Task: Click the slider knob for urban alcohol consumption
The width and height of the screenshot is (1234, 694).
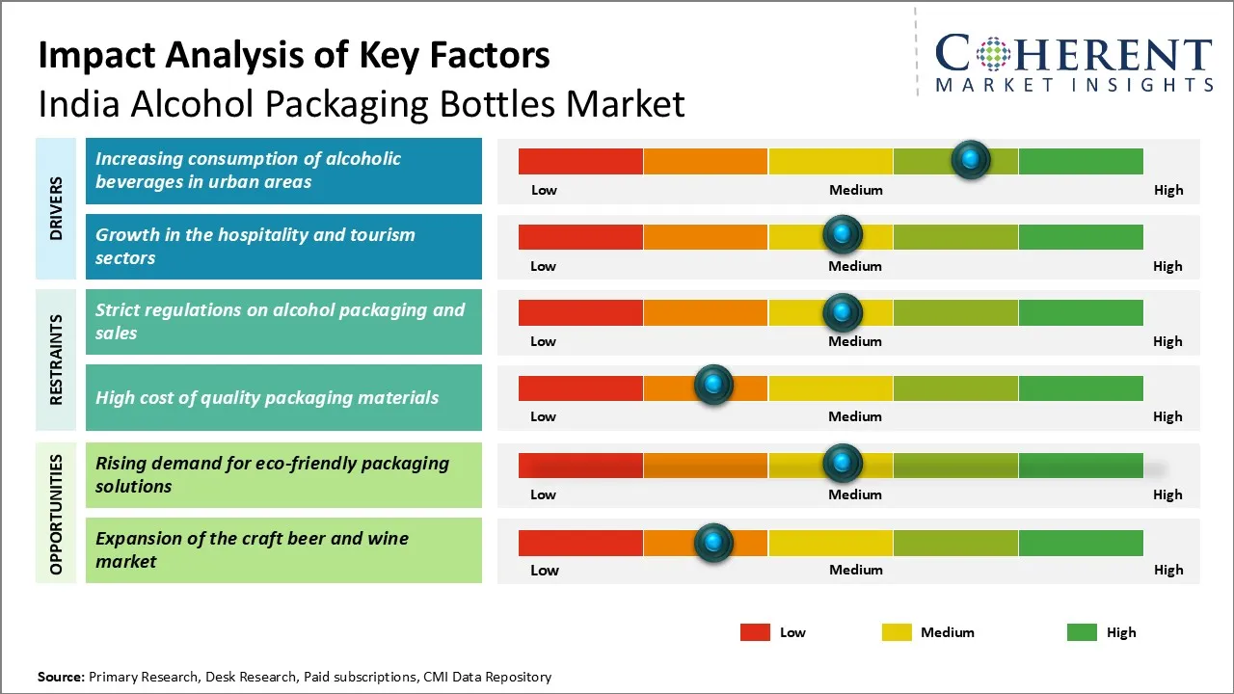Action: pos(971,159)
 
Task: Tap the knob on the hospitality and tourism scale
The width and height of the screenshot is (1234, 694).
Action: pos(843,234)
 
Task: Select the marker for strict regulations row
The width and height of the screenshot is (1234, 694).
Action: pos(843,311)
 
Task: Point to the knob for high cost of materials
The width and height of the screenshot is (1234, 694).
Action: pos(713,386)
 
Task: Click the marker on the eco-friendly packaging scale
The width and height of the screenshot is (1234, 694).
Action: pos(843,464)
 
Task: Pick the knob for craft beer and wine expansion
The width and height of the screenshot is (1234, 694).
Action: pos(713,543)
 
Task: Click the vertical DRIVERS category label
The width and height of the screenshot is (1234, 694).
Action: pos(57,208)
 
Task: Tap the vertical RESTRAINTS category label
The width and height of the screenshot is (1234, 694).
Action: pos(57,360)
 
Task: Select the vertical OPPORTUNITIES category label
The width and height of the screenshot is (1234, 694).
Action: pos(57,515)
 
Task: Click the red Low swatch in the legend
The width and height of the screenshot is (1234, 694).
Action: pos(755,632)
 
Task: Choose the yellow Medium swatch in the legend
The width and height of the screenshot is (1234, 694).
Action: pos(897,632)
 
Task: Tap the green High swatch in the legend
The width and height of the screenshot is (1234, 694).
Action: pos(1082,632)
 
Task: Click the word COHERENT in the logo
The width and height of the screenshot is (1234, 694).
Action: pos(1074,54)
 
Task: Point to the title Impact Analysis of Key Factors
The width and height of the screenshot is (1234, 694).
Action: pos(294,55)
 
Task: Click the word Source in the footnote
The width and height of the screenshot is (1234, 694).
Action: pos(61,677)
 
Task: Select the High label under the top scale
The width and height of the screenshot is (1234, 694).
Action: pos(1167,190)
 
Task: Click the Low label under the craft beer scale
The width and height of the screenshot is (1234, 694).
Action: pos(544,570)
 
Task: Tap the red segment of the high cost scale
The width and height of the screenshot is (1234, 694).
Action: pos(580,388)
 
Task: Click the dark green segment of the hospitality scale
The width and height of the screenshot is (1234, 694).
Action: pos(1080,236)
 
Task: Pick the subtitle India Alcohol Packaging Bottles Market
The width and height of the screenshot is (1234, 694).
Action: pos(362,103)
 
